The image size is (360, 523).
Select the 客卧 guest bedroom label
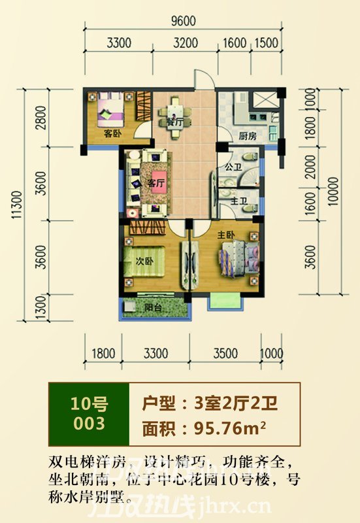[x=112, y=133]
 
